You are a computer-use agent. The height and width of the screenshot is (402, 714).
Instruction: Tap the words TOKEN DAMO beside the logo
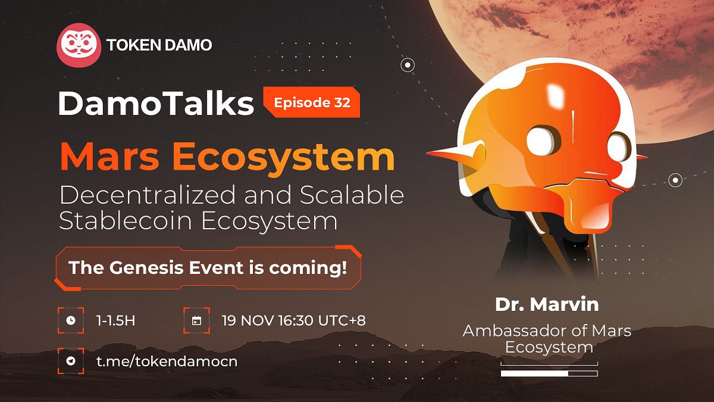point(159,45)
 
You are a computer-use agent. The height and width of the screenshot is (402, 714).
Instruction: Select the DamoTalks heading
point(156,104)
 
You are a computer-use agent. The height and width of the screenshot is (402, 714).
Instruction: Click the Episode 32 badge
point(312,102)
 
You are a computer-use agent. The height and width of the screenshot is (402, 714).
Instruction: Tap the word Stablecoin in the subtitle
point(125,221)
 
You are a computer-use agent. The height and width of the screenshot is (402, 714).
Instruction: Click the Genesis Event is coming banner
point(208,267)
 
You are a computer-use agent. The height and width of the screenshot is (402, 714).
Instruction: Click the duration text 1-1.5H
point(115,320)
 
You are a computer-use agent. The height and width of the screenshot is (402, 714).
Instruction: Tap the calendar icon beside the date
point(196,320)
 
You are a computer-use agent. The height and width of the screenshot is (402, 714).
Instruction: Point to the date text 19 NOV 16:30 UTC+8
point(293,320)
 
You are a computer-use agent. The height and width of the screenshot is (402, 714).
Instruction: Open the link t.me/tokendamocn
point(167,361)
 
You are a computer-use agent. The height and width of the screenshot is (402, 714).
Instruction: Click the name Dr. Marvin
point(547,304)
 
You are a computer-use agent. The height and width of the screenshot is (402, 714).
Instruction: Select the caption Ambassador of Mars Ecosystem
point(547,338)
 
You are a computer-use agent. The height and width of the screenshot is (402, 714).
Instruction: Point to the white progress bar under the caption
point(535,373)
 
